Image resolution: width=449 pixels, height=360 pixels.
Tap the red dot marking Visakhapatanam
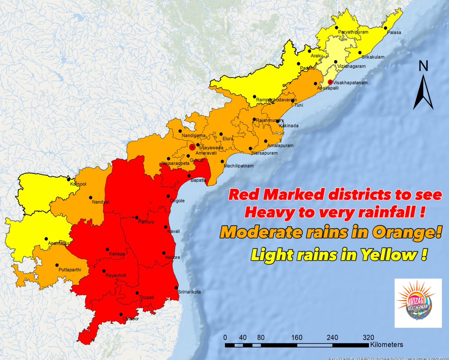(x=330, y=82)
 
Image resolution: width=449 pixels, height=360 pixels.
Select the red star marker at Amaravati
(x=192, y=147)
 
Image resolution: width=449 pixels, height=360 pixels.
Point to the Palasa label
(x=394, y=33)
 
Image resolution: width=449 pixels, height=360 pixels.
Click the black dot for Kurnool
(x=69, y=179)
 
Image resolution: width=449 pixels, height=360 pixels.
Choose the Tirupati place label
(x=147, y=297)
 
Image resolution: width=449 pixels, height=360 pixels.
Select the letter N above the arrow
(x=424, y=66)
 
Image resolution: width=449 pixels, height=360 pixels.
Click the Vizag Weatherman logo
(x=416, y=303)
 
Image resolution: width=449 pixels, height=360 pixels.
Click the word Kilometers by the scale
(x=386, y=344)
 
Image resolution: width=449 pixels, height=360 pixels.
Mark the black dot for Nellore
(x=163, y=253)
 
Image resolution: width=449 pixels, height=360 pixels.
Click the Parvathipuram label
(x=354, y=32)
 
